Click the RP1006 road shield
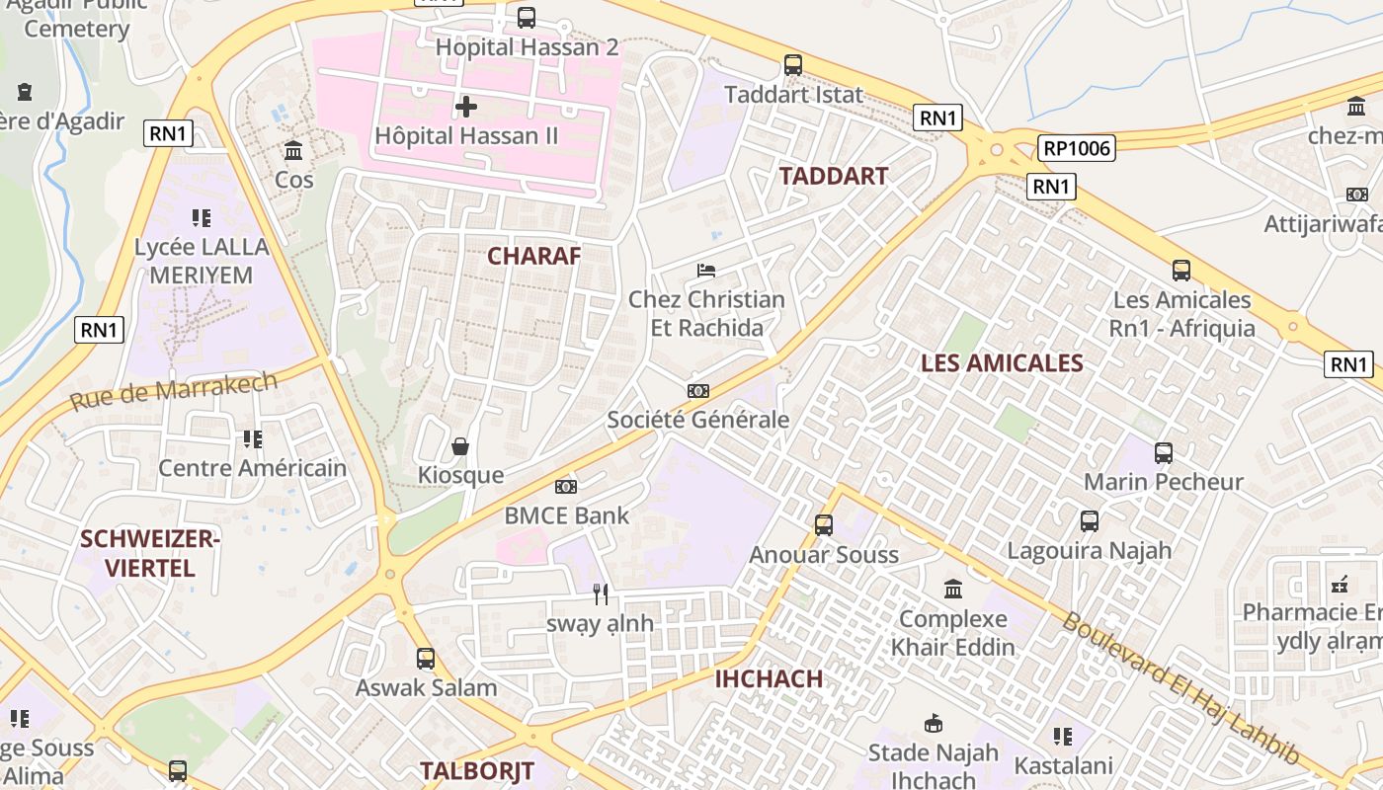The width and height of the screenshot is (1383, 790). click(1076, 149)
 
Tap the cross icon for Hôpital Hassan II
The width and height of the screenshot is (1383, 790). click(466, 106)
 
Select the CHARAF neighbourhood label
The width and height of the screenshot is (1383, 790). click(534, 256)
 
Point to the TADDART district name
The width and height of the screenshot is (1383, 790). click(834, 176)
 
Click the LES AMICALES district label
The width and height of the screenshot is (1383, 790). click(1002, 362)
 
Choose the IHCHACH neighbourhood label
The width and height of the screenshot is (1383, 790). click(769, 678)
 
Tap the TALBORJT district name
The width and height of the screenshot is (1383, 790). click(477, 771)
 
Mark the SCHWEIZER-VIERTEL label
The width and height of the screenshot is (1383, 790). click(150, 553)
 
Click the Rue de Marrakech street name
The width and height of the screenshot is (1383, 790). click(174, 392)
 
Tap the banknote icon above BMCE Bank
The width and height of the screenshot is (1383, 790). click(566, 487)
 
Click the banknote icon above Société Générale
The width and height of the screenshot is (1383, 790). click(698, 391)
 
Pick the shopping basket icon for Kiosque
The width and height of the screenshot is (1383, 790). click(460, 446)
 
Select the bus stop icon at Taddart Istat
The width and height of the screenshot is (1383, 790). click(793, 65)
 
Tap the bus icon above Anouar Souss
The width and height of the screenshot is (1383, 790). click(824, 525)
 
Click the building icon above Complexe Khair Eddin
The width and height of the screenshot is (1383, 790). click(953, 590)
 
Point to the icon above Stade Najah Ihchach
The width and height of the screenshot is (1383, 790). click(933, 724)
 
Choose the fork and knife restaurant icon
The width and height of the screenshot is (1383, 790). click(601, 593)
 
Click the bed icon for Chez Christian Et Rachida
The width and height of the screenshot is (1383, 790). click(706, 270)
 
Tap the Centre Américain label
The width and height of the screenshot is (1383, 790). click(253, 468)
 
